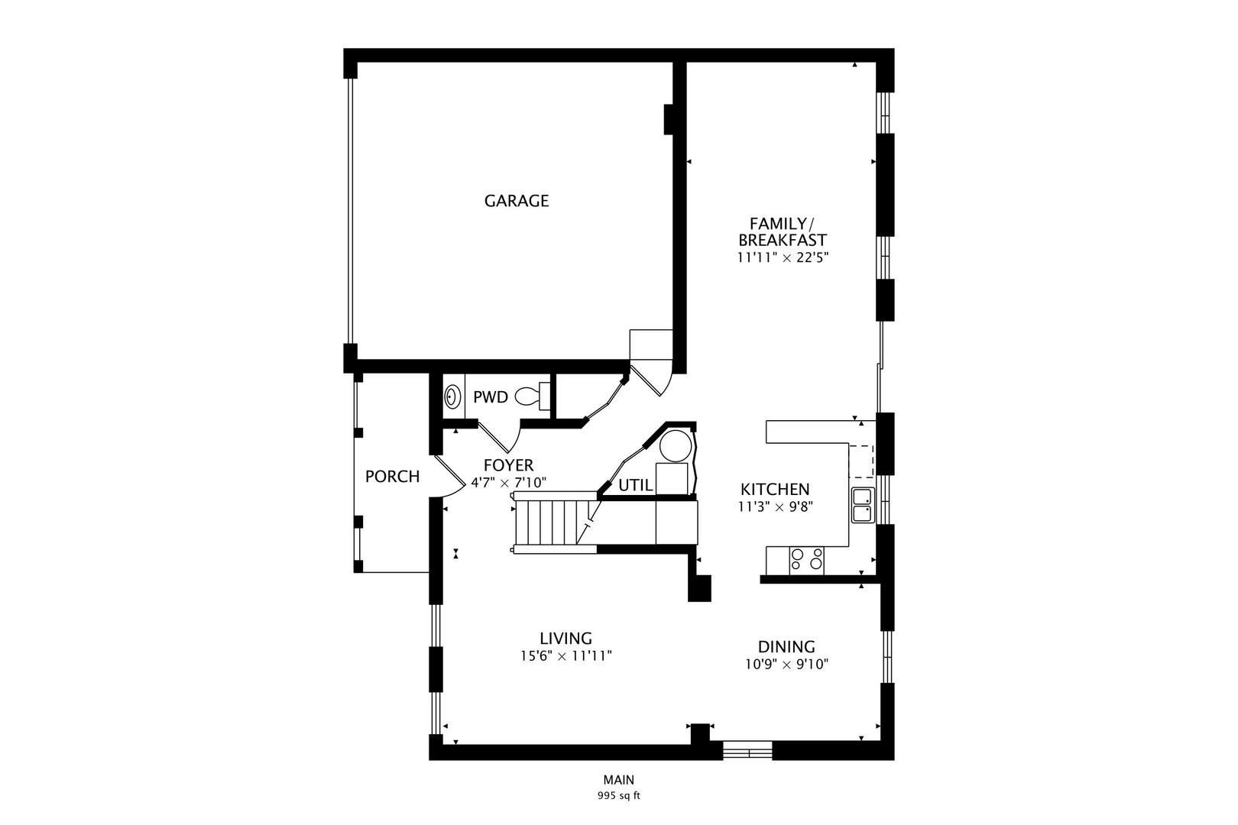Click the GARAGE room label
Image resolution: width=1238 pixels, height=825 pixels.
pyautogui.click(x=516, y=201)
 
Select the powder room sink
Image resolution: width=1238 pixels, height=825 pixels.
pyautogui.click(x=452, y=396)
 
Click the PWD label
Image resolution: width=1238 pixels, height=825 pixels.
pyautogui.click(x=490, y=396)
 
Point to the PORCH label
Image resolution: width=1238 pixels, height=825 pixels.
pyautogui.click(x=392, y=477)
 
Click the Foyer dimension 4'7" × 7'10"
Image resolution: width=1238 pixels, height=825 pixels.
pyautogui.click(x=508, y=483)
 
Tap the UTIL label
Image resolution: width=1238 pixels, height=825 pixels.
pyautogui.click(x=636, y=485)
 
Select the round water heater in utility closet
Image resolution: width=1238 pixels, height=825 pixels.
pyautogui.click(x=676, y=446)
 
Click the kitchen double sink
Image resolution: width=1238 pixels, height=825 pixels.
pyautogui.click(x=863, y=505)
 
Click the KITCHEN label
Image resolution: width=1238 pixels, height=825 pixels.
pyautogui.click(x=775, y=489)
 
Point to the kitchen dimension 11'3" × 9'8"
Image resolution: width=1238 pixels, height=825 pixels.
pyautogui.click(x=775, y=506)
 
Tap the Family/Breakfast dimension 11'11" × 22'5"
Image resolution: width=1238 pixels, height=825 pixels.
pyautogui.click(x=783, y=257)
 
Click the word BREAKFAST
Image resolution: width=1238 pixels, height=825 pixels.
pyautogui.click(x=783, y=241)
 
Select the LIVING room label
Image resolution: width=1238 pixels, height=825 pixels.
pyautogui.click(x=566, y=638)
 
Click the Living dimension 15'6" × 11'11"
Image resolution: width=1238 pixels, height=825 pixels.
pyautogui.click(x=566, y=656)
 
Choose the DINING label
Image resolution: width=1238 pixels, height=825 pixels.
pyautogui.click(x=786, y=646)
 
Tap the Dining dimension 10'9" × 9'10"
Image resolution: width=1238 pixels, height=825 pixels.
pyautogui.click(x=786, y=664)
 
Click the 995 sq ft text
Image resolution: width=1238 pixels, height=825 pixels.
pyautogui.click(x=618, y=796)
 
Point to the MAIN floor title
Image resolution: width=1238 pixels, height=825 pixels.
pyautogui.click(x=618, y=780)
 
